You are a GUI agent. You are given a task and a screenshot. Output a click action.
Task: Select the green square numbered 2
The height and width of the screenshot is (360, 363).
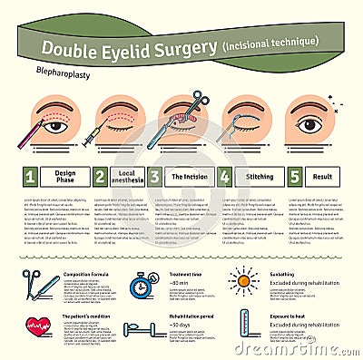(x=101, y=176)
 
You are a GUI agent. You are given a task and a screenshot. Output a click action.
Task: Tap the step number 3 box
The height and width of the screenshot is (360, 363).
(x=155, y=176)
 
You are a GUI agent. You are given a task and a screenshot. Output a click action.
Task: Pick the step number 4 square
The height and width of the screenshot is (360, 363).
(x=224, y=176)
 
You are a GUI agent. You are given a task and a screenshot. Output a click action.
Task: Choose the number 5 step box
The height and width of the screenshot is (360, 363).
(x=295, y=176)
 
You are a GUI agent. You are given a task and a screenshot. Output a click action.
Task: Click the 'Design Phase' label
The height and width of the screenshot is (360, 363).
(x=64, y=176)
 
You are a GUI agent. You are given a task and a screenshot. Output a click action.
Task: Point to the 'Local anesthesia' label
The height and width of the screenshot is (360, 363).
(x=126, y=176)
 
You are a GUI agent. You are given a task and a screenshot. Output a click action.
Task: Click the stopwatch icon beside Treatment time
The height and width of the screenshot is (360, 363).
(x=143, y=287)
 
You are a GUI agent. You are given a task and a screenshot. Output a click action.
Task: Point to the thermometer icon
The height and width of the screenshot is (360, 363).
(x=243, y=324)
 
